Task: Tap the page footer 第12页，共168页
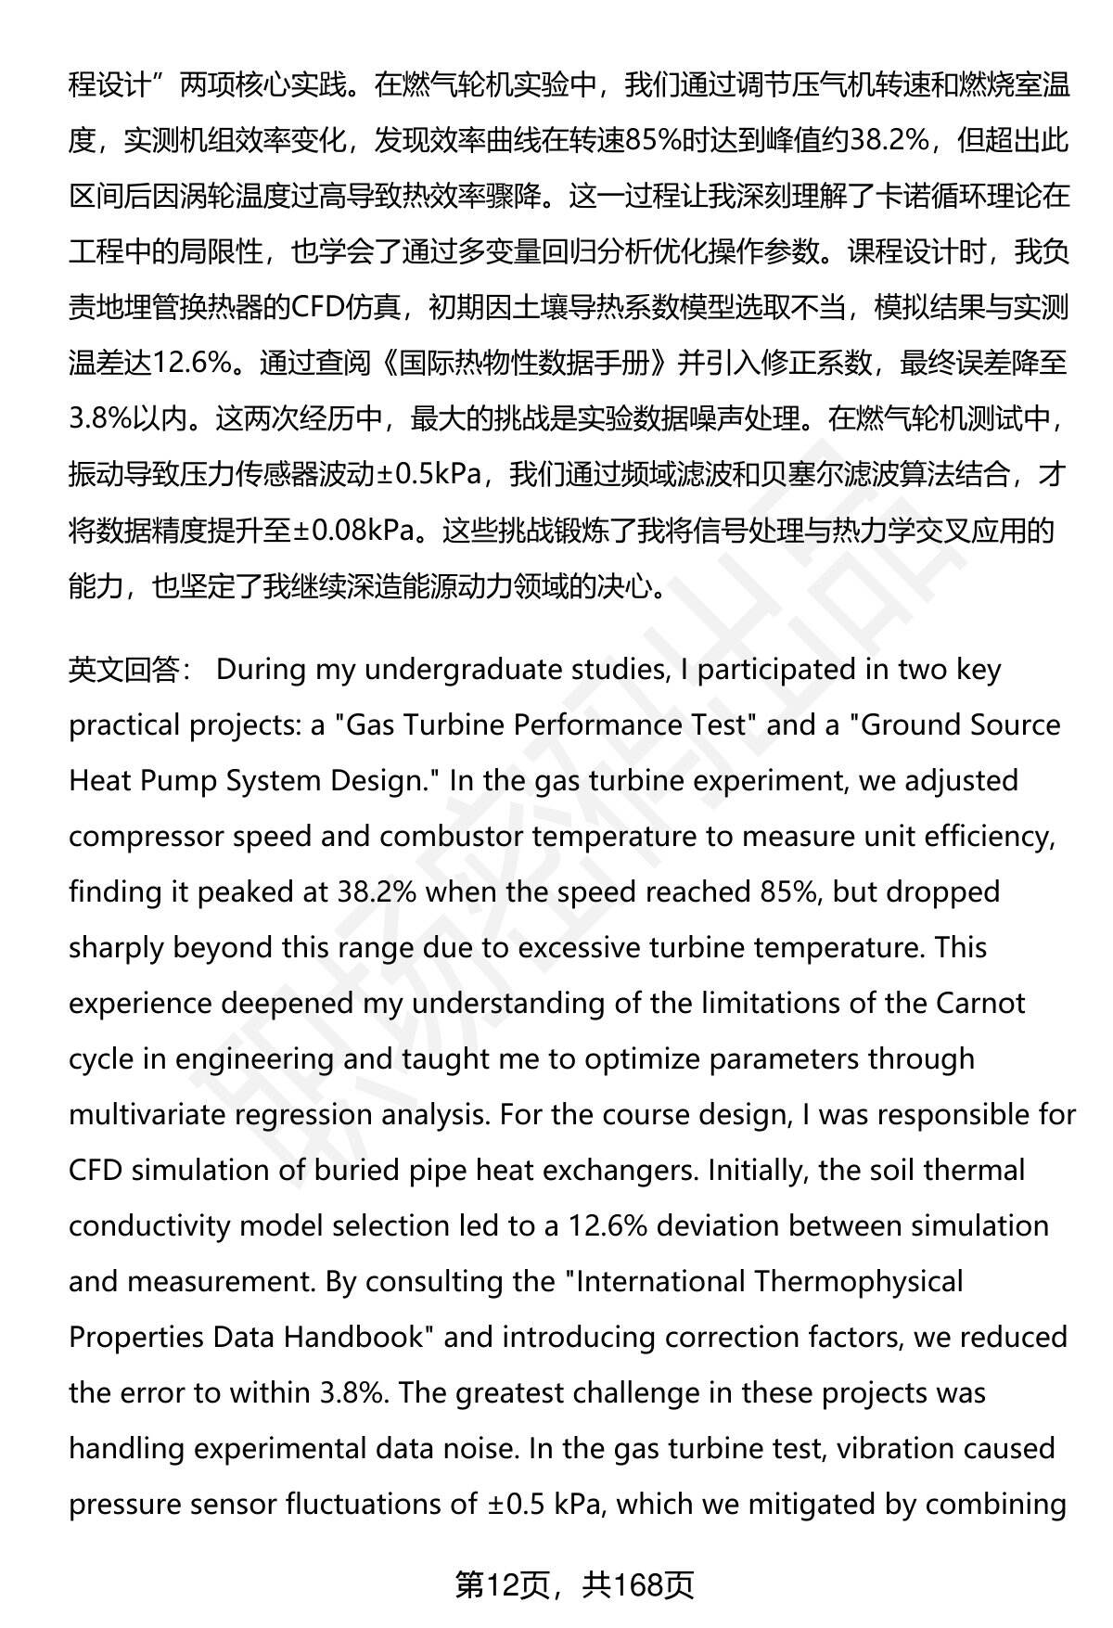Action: coord(574,1585)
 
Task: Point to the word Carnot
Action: coord(981,1003)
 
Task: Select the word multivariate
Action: coord(147,1114)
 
